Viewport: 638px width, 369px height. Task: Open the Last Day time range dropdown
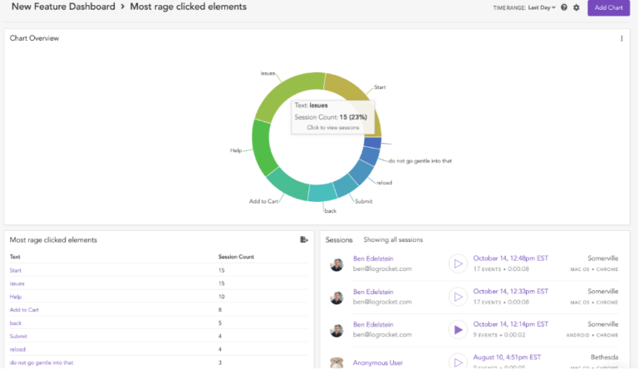coord(541,7)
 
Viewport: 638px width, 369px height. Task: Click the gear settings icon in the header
coord(577,7)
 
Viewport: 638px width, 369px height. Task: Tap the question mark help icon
coord(564,7)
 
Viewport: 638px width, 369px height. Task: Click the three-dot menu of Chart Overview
coord(621,38)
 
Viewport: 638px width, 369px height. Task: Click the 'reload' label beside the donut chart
coord(384,182)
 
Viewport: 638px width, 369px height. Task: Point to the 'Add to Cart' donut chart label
coord(263,201)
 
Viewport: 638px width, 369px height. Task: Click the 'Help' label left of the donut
coord(236,150)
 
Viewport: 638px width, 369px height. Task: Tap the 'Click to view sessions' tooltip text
coord(332,127)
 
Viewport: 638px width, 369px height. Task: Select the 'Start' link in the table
coord(16,270)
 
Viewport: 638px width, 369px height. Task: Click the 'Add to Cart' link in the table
coord(24,309)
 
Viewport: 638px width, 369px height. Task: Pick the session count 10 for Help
coord(222,297)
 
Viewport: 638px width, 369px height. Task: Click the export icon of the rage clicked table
coord(304,239)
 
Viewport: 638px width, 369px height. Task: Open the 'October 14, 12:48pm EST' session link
coord(510,258)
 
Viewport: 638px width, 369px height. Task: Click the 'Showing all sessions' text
coord(393,239)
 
